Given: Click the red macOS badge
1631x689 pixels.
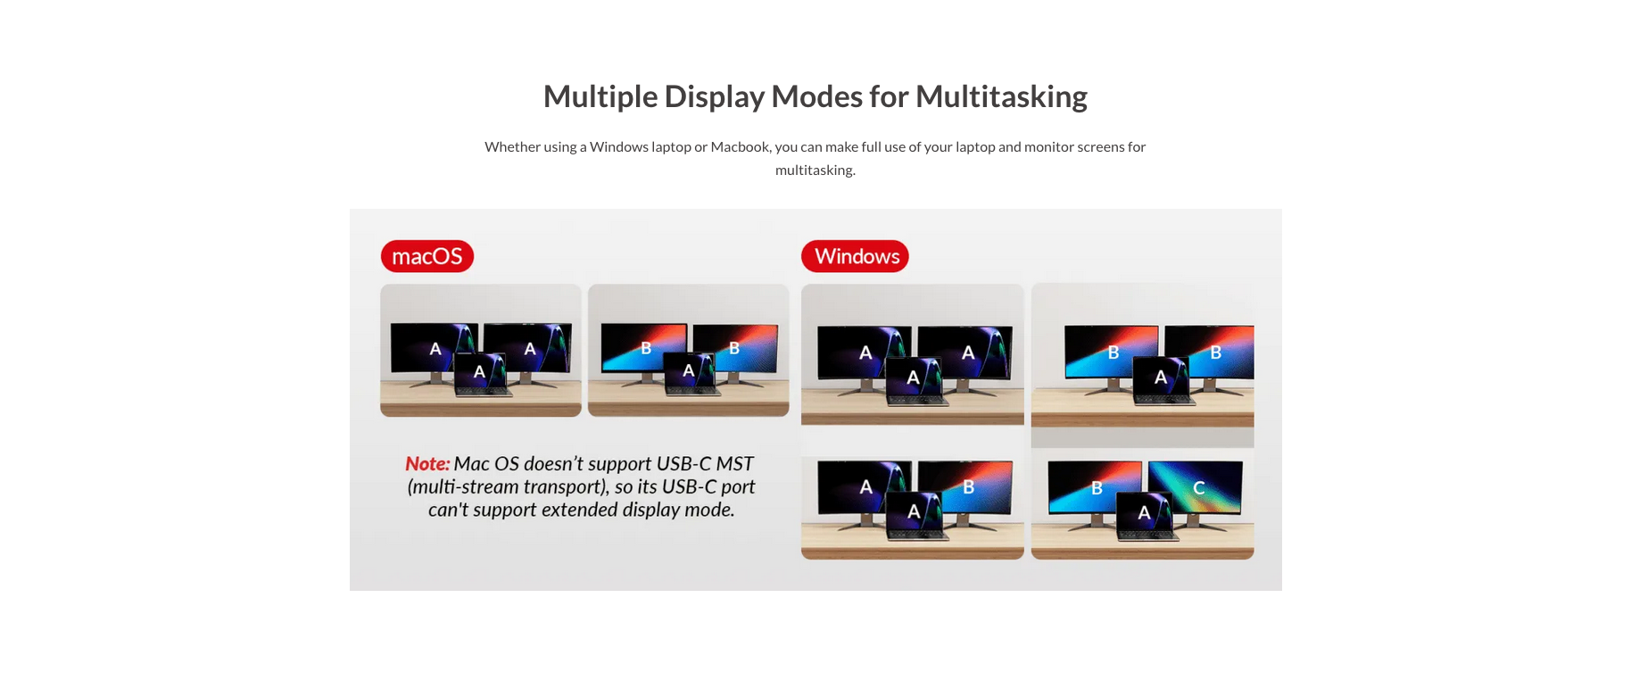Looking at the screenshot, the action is [x=426, y=256].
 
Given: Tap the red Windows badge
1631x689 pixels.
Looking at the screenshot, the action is [x=855, y=256].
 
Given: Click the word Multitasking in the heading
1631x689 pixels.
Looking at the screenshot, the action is [x=1001, y=96].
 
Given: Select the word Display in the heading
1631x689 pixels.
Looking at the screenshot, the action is [x=714, y=96].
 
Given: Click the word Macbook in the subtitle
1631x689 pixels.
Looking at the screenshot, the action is [x=741, y=146].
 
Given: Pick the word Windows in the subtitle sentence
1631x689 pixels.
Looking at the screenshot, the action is [x=618, y=146].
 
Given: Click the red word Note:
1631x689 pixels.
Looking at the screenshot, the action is [x=427, y=464].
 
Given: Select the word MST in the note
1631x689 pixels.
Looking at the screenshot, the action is [x=734, y=464].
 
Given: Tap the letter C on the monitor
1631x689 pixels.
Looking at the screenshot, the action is [x=1199, y=488].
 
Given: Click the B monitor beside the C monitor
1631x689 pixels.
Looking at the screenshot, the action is [x=1093, y=486].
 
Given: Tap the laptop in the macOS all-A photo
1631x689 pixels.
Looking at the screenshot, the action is [x=482, y=374].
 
